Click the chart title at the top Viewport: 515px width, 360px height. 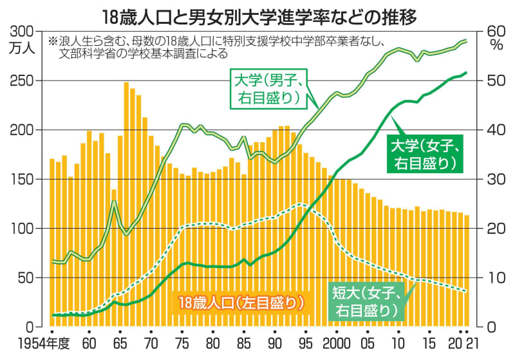click(x=257, y=15)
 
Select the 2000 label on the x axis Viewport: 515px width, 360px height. click(x=336, y=341)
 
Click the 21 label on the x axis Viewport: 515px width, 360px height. click(x=473, y=341)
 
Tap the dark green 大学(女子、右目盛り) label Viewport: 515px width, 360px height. click(x=426, y=153)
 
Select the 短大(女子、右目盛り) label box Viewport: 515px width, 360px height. click(x=368, y=301)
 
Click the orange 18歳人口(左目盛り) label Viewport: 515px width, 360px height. click(x=241, y=301)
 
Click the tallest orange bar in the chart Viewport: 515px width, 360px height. click(x=126, y=193)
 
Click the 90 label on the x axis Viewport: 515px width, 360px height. click(x=274, y=341)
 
